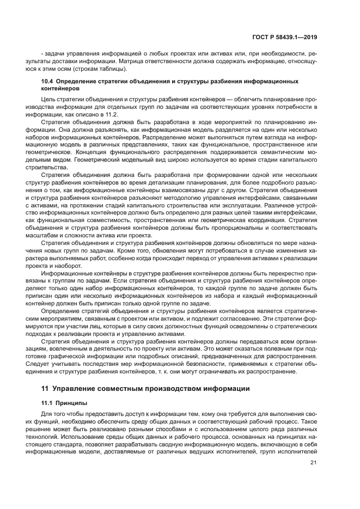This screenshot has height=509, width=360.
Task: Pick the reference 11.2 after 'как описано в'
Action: [111, 115]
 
